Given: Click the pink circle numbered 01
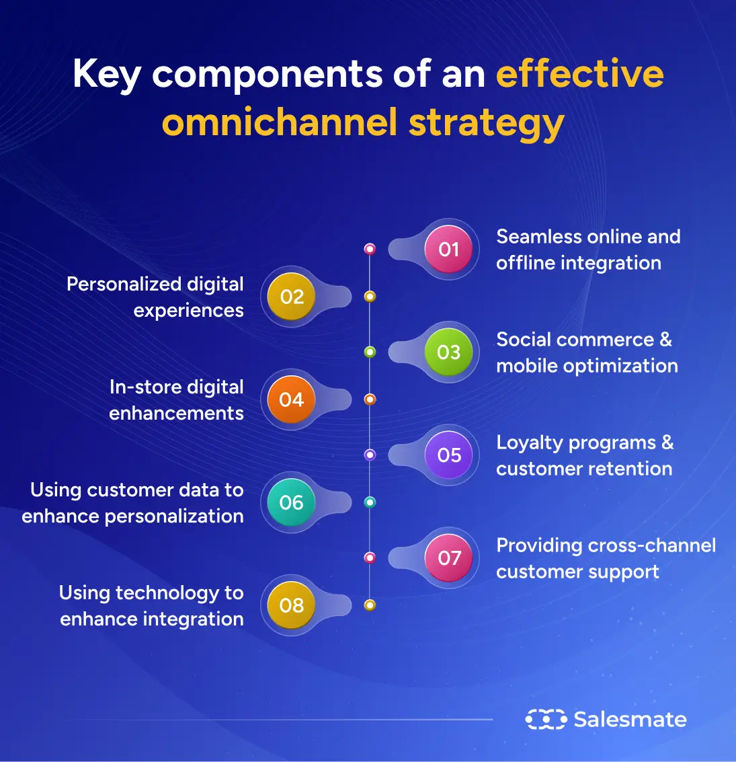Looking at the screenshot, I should [x=448, y=250].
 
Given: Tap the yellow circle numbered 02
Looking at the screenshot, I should [x=291, y=297].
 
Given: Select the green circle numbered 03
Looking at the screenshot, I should [x=448, y=352].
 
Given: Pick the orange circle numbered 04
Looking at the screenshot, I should [x=291, y=400].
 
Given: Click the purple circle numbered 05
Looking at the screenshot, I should [x=448, y=455].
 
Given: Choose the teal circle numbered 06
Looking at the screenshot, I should [x=291, y=503].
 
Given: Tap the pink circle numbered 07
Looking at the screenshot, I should [x=448, y=558].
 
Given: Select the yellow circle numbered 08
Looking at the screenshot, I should [x=291, y=606].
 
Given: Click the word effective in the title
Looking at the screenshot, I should [x=579, y=73].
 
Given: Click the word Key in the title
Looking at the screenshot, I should [x=106, y=75].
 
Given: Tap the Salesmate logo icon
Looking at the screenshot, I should [x=545, y=720].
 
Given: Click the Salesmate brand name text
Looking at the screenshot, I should [x=630, y=720].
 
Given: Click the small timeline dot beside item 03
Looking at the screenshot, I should [x=370, y=352].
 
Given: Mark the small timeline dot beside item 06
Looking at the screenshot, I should [x=370, y=502].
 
